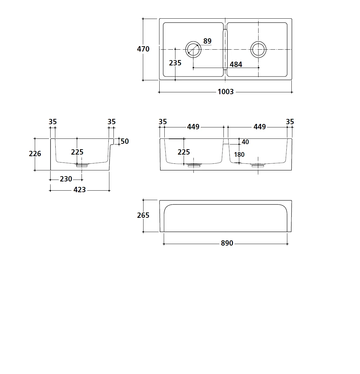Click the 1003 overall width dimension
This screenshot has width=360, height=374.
(x=225, y=92)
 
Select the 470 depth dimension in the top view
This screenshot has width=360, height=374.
(x=143, y=49)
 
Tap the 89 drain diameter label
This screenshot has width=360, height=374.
(x=207, y=41)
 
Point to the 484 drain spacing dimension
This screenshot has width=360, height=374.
(x=236, y=64)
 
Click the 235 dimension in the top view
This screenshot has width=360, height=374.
(x=175, y=63)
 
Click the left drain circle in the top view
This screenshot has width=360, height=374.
(x=193, y=49)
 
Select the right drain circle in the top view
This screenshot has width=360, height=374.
(x=259, y=49)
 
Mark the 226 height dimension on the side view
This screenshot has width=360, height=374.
(x=35, y=154)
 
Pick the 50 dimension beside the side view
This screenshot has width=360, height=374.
(x=125, y=141)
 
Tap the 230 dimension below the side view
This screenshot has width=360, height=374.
(x=66, y=179)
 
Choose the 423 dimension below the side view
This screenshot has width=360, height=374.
(x=79, y=190)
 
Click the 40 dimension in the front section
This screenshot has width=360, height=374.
(x=245, y=142)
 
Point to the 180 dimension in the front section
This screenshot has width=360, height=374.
(x=239, y=155)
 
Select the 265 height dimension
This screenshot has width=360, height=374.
(x=143, y=215)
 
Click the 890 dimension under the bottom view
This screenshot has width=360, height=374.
(x=227, y=243)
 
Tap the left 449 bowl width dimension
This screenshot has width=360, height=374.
(x=193, y=127)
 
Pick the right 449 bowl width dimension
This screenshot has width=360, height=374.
(x=259, y=127)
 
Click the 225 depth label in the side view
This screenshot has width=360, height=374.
(x=77, y=152)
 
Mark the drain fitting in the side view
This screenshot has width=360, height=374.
(x=82, y=165)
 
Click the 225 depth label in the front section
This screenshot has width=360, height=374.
(x=184, y=152)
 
